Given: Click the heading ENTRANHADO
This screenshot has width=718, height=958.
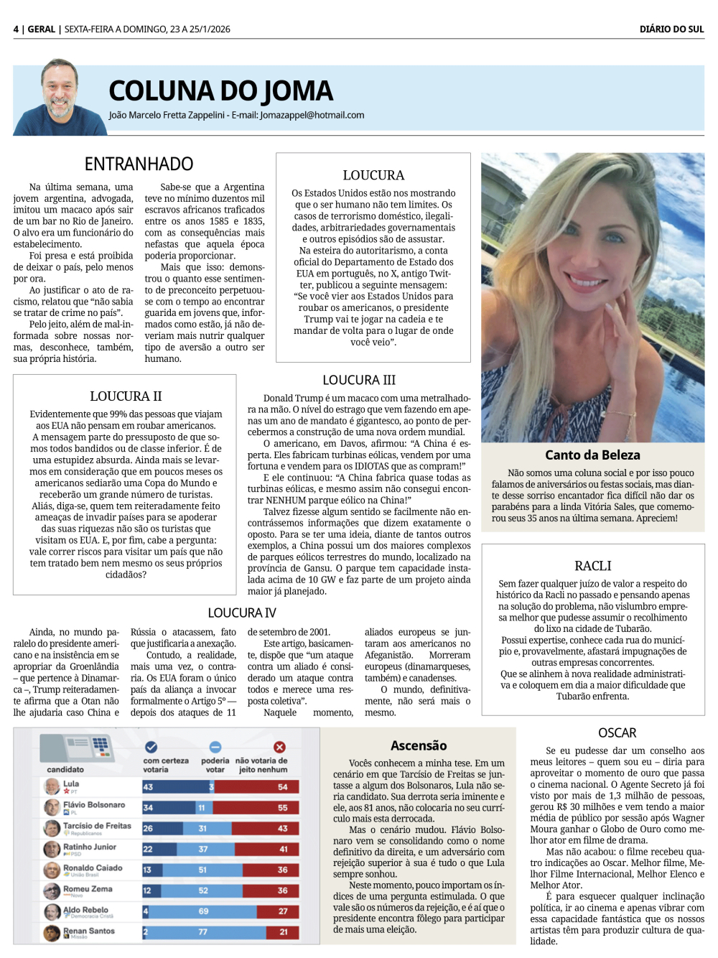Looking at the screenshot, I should pos(139,164).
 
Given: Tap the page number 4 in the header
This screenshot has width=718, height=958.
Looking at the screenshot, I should pos(16,29).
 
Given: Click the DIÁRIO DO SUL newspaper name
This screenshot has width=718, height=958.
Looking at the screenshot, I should pos(671,29).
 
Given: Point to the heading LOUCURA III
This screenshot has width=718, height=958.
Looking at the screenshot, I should pos(359,380).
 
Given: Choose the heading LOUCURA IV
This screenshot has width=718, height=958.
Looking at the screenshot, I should pos(242,613).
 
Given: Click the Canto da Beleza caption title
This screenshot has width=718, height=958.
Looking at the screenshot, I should pos(592,455).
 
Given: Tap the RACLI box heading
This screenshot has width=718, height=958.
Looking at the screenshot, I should pos(592,566).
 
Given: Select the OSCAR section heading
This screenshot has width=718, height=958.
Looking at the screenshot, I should pos(617,733).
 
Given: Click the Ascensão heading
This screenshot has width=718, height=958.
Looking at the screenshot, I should pos(419,745).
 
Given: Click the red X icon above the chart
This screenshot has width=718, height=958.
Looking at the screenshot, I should pos(279,747).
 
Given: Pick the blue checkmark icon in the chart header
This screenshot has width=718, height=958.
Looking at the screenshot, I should pos(151,747).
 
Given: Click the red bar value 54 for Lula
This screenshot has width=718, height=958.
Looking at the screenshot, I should pos(282,787).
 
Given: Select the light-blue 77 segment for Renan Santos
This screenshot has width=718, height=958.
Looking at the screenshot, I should pos(203,932).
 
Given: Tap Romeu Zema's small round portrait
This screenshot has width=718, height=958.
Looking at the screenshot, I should pos(52,891).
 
